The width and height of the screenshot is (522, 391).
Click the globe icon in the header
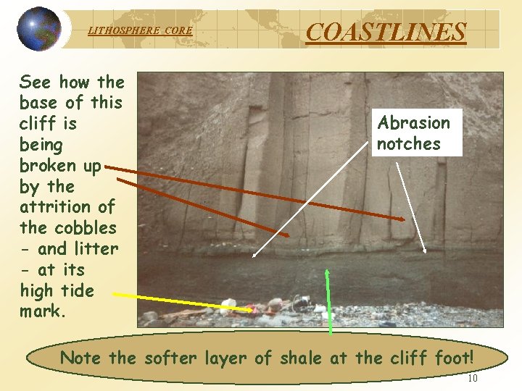[39, 29]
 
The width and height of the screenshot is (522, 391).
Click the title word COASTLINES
[386, 32]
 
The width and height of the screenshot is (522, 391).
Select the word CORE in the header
[178, 30]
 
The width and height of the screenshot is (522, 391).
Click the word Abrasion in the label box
[414, 122]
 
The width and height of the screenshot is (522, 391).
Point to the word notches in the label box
[408, 143]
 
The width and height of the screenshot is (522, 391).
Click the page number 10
[472, 378]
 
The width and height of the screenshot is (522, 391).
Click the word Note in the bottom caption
[80, 357]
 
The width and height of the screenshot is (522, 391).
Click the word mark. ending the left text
[43, 312]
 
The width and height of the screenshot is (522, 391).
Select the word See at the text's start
[36, 82]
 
